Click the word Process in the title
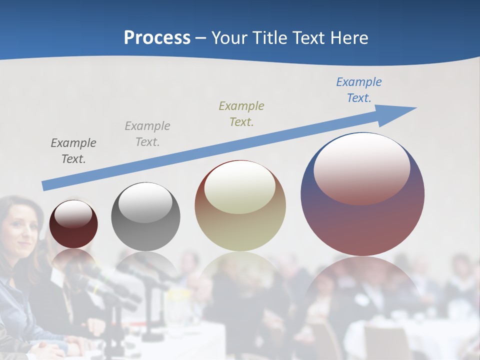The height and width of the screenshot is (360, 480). (x=157, y=37)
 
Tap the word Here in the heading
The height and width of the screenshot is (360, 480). (x=349, y=37)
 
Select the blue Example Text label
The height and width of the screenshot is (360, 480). (x=358, y=90)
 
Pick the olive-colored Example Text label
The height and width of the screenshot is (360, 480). (x=241, y=113)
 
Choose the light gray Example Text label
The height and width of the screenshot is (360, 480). (x=147, y=133)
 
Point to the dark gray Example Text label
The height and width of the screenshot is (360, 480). (x=73, y=150)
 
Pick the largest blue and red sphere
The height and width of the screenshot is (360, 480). (x=362, y=225)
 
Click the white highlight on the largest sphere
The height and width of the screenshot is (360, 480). (x=361, y=167)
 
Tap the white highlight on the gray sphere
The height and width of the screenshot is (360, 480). (x=145, y=202)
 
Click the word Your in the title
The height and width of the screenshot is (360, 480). (x=228, y=37)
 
